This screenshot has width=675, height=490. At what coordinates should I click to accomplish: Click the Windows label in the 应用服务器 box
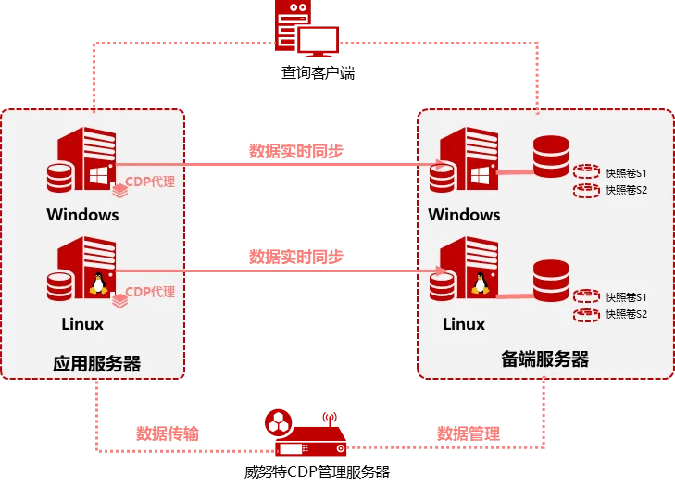[x=83, y=215]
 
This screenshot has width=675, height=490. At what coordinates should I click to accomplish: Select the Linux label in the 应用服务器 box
[x=82, y=324]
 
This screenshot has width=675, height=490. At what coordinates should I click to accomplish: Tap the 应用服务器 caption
[x=97, y=363]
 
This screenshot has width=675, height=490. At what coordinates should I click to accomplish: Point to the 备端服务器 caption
[x=544, y=359]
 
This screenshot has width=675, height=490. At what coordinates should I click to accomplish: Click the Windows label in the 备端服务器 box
[x=464, y=215]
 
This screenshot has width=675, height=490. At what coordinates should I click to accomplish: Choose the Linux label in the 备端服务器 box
[x=464, y=324]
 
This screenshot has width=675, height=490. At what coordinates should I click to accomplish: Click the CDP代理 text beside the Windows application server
[x=150, y=182]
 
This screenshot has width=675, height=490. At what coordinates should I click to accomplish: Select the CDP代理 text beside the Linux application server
[x=150, y=292]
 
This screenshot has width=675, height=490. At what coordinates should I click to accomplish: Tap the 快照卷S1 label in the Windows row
[x=626, y=172]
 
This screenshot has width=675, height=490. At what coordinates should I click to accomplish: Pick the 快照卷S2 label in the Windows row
[x=626, y=190]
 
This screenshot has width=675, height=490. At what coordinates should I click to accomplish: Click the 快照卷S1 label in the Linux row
[x=626, y=297]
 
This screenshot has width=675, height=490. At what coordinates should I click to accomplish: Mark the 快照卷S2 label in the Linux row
[x=626, y=315]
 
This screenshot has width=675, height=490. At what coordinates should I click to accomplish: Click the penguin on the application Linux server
[x=97, y=283]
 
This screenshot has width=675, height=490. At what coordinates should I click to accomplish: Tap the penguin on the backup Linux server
[x=480, y=283]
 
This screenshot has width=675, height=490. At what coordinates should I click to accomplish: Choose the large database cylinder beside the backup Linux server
[x=551, y=281]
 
